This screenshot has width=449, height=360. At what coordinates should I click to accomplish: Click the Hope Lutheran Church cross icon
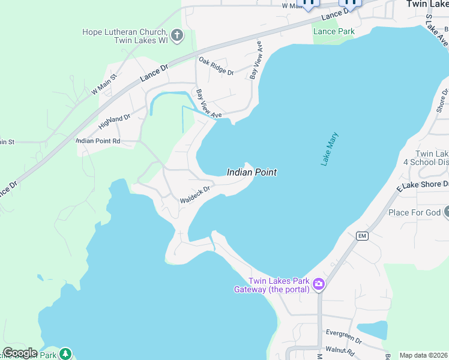[x=177, y=36]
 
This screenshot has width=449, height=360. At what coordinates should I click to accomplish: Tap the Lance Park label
[x=334, y=31]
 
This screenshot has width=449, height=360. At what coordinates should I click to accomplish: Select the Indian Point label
[x=252, y=172]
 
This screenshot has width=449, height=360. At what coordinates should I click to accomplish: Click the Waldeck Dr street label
[x=195, y=194]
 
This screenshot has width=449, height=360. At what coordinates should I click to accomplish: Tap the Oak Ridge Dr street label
[x=216, y=66]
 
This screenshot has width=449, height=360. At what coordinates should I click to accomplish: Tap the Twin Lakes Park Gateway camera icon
[x=319, y=284]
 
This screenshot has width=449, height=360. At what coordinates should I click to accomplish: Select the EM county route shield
[x=361, y=235]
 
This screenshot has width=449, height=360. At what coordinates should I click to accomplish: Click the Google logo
[x=20, y=353]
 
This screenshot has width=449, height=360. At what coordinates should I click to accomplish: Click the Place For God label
[x=415, y=212]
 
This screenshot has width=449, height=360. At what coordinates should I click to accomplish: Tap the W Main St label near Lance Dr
[x=103, y=83]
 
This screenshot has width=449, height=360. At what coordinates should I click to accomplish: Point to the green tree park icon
[x=65, y=353]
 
